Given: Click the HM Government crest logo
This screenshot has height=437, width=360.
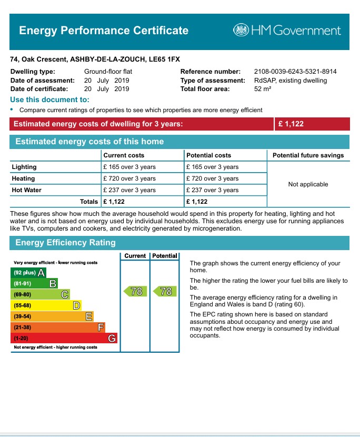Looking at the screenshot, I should pyautogui.click(x=242, y=30).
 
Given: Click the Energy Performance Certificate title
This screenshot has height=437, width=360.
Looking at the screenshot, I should pyautogui.click(x=104, y=30).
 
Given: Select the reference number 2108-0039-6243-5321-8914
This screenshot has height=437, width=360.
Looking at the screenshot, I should pyautogui.click(x=295, y=72).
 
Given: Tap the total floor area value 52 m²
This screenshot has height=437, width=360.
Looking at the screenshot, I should pyautogui.click(x=263, y=90).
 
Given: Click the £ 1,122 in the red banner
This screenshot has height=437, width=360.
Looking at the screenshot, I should pyautogui.click(x=291, y=124).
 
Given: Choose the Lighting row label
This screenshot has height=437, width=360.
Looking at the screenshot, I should pyautogui.click(x=24, y=167).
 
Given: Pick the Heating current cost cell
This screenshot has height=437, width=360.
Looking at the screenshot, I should pyautogui.click(x=129, y=178).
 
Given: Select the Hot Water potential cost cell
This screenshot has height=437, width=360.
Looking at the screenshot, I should pyautogui.click(x=212, y=190).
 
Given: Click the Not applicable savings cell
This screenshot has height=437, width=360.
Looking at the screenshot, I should pyautogui.click(x=308, y=184).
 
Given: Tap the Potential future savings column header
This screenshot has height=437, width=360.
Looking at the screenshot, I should pyautogui.click(x=308, y=155).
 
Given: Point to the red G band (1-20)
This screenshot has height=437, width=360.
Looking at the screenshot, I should pyautogui.click(x=64, y=338).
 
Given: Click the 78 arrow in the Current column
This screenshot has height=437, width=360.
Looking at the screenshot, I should pyautogui.click(x=135, y=291).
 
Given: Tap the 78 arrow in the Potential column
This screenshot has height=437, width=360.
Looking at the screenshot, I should pyautogui.click(x=165, y=291).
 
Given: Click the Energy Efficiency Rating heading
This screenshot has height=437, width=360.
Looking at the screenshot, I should pyautogui.click(x=65, y=243).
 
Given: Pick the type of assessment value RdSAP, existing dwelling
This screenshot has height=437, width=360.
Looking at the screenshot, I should pyautogui.click(x=290, y=81).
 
